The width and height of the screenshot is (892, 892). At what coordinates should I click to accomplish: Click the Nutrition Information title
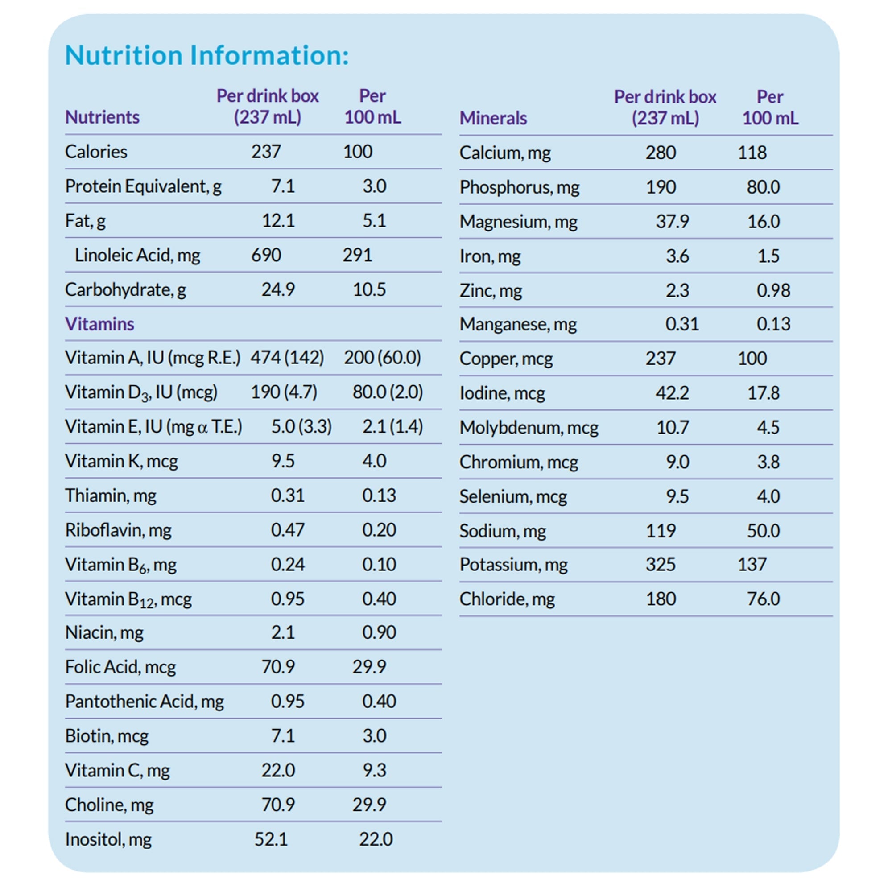[x=207, y=55]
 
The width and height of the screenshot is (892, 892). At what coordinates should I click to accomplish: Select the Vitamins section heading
[x=99, y=324]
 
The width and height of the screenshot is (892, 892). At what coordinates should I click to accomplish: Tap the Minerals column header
[x=493, y=118]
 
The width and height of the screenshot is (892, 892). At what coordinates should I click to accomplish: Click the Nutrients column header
[x=102, y=117]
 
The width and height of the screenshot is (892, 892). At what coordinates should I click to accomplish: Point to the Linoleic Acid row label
[x=137, y=255]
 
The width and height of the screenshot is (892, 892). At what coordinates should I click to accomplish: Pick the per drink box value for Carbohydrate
[x=278, y=290]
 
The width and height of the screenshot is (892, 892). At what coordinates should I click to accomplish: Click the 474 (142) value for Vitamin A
[x=287, y=358]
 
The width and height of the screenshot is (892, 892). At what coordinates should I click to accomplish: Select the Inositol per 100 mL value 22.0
[x=376, y=839]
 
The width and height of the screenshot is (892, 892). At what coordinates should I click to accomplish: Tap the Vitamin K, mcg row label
[x=121, y=461]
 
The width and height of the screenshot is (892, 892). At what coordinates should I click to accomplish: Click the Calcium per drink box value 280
[x=660, y=153]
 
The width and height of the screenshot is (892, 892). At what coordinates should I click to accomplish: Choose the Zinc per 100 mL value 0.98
[x=773, y=290]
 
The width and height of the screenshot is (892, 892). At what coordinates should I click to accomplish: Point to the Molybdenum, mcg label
[x=529, y=428]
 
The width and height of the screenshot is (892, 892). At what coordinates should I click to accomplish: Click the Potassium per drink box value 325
[x=660, y=564]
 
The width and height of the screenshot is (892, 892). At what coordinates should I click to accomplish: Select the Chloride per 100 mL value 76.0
[x=763, y=599]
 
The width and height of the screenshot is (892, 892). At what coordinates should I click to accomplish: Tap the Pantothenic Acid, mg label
[x=144, y=701]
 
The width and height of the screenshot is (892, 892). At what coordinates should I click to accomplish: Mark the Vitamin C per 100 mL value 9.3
[x=374, y=770]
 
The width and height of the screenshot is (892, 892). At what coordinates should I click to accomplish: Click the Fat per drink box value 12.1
[x=278, y=221]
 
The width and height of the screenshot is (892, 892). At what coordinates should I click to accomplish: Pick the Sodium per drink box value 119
[x=660, y=531]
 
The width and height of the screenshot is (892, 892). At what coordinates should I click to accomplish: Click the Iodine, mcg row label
[x=502, y=393]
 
